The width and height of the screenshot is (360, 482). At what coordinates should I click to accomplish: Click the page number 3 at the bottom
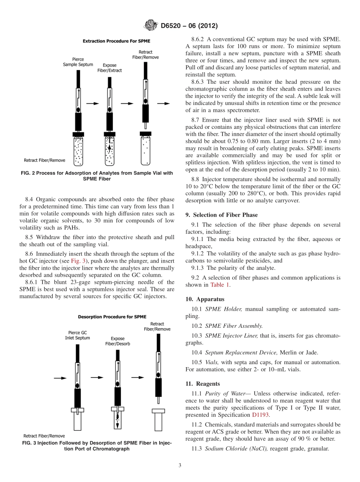(x=180, y=465)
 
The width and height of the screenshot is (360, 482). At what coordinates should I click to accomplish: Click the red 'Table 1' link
(x=221, y=285)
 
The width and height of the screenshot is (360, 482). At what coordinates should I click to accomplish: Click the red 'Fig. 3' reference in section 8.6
(x=77, y=261)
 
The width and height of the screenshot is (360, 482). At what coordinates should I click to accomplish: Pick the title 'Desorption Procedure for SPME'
(x=112, y=317)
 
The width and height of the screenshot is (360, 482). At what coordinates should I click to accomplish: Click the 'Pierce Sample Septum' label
(x=78, y=62)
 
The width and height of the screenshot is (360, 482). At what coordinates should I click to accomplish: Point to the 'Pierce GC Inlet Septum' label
(x=77, y=335)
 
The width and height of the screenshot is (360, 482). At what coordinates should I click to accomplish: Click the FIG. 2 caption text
(x=97, y=176)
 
